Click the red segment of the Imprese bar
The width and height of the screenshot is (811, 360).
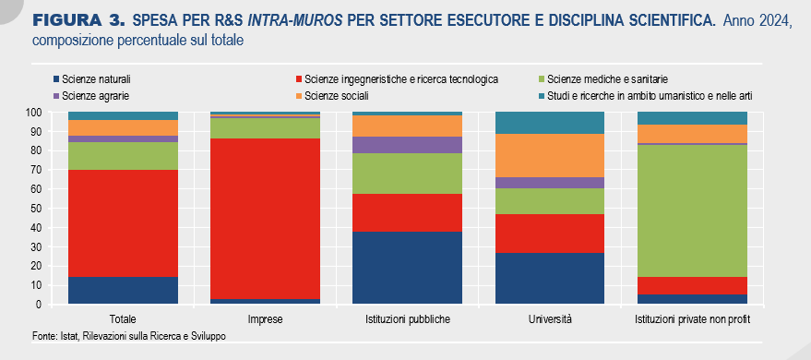(x=265, y=218)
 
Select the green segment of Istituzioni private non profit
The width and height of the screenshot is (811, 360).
(x=693, y=210)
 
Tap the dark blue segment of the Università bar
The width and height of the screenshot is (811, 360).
(x=550, y=278)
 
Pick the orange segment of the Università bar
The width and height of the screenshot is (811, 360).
(x=550, y=155)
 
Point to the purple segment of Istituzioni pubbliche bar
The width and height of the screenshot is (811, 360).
(x=407, y=145)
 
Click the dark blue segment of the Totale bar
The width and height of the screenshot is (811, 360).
(x=123, y=291)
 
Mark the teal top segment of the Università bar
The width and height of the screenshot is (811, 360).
(x=550, y=123)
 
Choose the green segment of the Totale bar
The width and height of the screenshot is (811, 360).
(x=123, y=156)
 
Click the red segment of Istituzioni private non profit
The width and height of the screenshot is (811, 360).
(x=693, y=285)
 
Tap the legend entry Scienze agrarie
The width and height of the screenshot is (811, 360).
(x=90, y=96)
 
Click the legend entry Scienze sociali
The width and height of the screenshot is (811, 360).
(x=332, y=96)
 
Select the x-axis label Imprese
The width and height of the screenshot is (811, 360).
(x=266, y=319)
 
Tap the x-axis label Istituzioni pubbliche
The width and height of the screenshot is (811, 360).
(x=407, y=319)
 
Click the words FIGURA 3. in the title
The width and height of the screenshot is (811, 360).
(x=79, y=21)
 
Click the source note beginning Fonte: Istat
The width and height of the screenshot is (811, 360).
(x=129, y=336)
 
